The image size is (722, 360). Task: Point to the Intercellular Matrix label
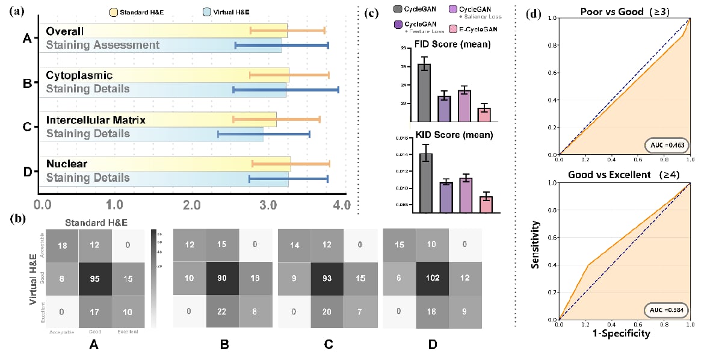click(96, 120)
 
